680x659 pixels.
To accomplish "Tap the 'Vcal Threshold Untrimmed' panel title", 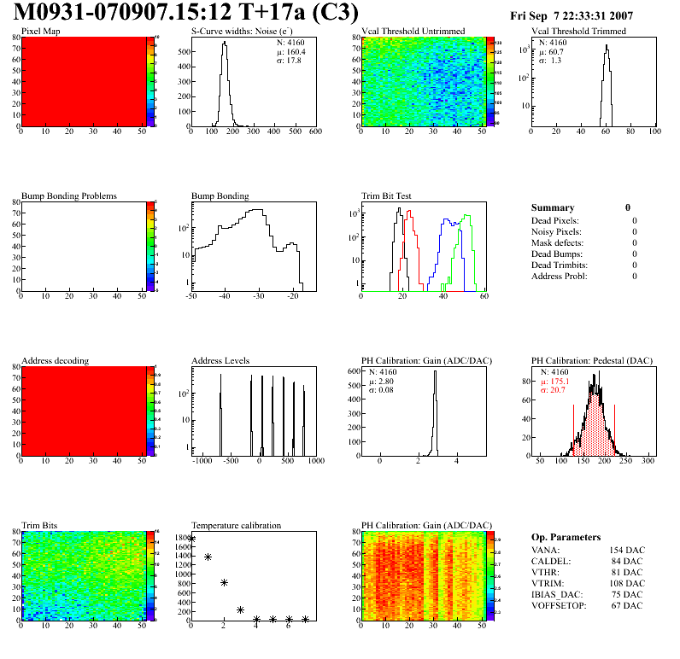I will point(413,32).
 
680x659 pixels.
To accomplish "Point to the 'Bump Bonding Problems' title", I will point(69,196).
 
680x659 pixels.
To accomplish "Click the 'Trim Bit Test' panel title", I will point(387,196).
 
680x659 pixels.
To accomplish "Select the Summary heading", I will point(553,207).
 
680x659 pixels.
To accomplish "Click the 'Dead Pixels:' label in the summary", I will point(556,220).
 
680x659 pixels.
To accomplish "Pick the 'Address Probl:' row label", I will point(560,276).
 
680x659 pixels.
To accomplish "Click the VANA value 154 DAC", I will point(625,550).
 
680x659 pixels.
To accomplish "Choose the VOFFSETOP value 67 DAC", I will point(628,605).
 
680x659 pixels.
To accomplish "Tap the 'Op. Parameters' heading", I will point(566,537).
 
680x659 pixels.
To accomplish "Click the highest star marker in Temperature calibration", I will point(191,539).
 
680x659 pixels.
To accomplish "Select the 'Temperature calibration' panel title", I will point(237,526).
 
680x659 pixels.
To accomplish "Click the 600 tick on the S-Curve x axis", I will point(315,132).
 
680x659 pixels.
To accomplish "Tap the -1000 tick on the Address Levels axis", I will point(202,461).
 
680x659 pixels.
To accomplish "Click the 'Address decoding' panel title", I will point(56,361).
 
